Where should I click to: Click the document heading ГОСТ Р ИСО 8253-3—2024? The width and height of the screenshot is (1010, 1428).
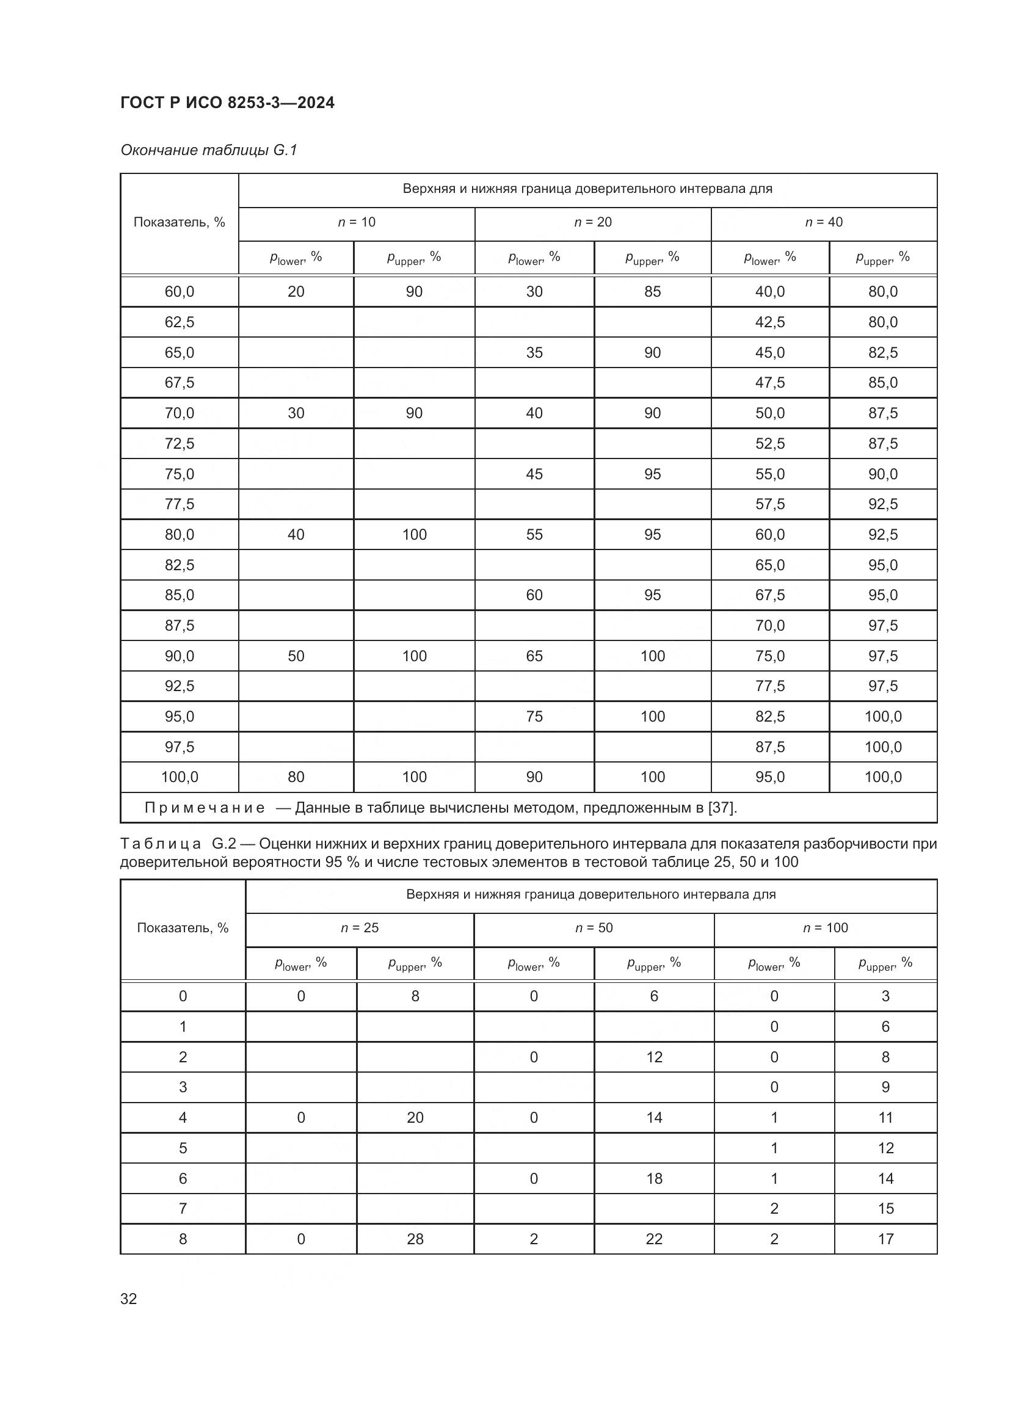tap(227, 103)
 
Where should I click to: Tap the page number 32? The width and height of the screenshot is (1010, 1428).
tap(129, 1299)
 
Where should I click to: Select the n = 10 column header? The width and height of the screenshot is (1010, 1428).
tap(357, 222)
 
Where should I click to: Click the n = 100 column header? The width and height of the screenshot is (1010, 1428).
tap(826, 928)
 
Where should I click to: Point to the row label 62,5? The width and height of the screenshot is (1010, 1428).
tap(179, 322)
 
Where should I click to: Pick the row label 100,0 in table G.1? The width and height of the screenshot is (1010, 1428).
tap(179, 777)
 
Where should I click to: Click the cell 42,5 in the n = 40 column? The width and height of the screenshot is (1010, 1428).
tap(770, 322)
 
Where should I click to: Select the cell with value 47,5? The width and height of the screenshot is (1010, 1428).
tap(770, 383)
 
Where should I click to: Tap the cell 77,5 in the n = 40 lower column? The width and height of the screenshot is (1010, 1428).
tap(770, 686)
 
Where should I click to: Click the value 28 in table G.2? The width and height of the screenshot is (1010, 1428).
tap(415, 1239)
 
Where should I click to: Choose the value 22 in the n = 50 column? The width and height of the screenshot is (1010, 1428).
tap(654, 1239)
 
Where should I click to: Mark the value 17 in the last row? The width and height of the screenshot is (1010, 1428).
tap(885, 1239)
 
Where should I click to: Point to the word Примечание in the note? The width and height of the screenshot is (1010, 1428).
tap(205, 808)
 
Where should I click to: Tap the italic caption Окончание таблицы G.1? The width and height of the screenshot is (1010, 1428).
tap(209, 150)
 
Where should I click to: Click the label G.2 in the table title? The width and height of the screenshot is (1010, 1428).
tap(223, 844)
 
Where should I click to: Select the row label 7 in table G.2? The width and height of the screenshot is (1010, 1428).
tap(183, 1208)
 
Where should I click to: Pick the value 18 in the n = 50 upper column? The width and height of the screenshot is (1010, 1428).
tap(654, 1178)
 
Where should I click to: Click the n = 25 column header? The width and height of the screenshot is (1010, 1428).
tap(360, 928)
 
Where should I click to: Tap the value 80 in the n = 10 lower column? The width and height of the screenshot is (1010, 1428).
tap(296, 777)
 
